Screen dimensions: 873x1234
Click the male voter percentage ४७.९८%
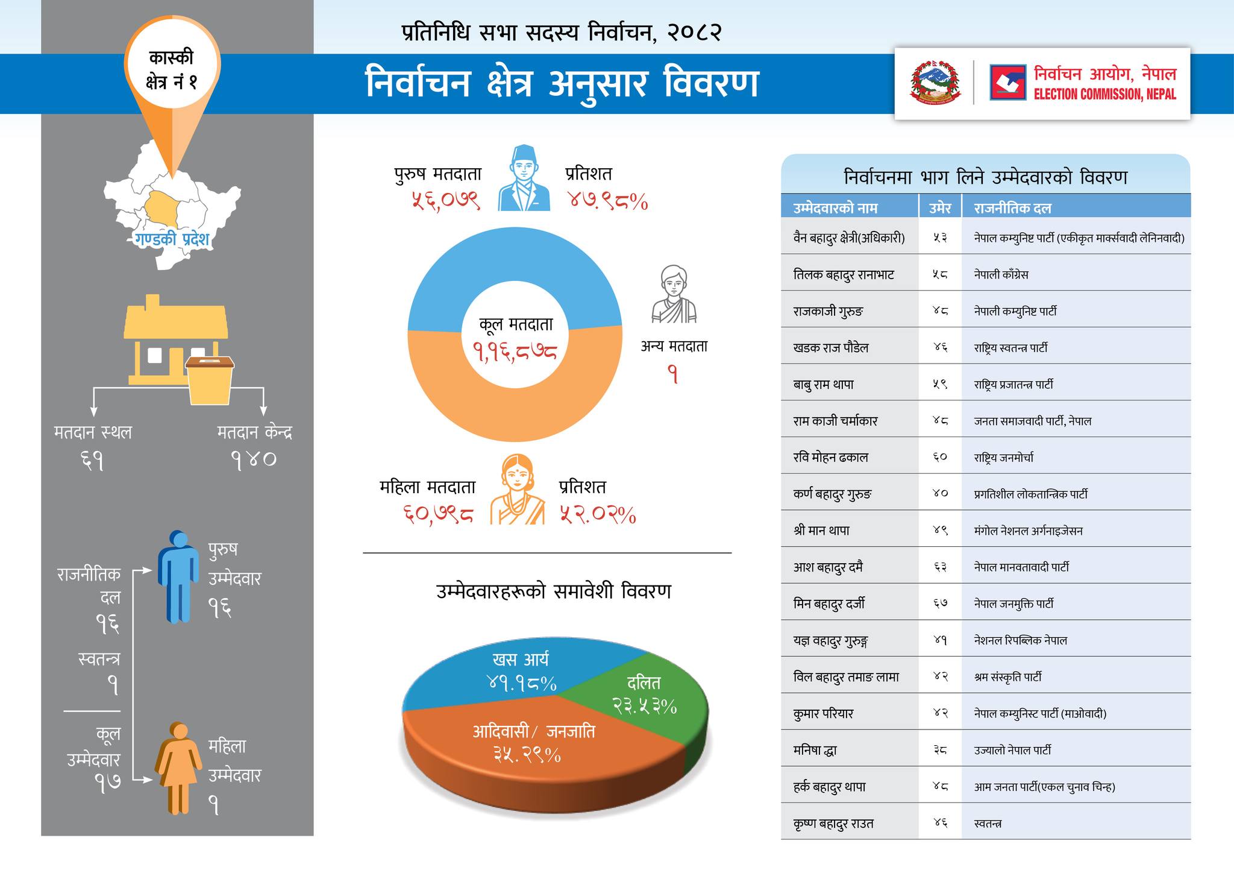(x=608, y=200)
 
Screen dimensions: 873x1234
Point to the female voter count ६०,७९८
(x=438, y=514)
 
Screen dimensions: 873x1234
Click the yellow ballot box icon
(x=210, y=380)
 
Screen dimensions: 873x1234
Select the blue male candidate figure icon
(x=178, y=576)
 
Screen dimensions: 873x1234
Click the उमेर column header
(x=940, y=208)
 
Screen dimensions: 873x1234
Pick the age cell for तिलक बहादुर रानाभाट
(x=940, y=274)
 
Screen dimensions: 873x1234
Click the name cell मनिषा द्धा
(x=815, y=751)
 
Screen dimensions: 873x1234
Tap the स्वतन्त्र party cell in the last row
(x=988, y=824)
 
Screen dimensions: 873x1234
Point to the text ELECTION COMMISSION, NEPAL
(x=1104, y=95)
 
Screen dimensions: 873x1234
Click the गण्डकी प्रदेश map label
(x=172, y=239)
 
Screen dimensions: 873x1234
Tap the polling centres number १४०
(x=254, y=459)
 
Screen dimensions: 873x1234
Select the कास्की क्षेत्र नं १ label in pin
(x=172, y=70)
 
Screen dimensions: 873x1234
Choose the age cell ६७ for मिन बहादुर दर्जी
(x=940, y=604)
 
